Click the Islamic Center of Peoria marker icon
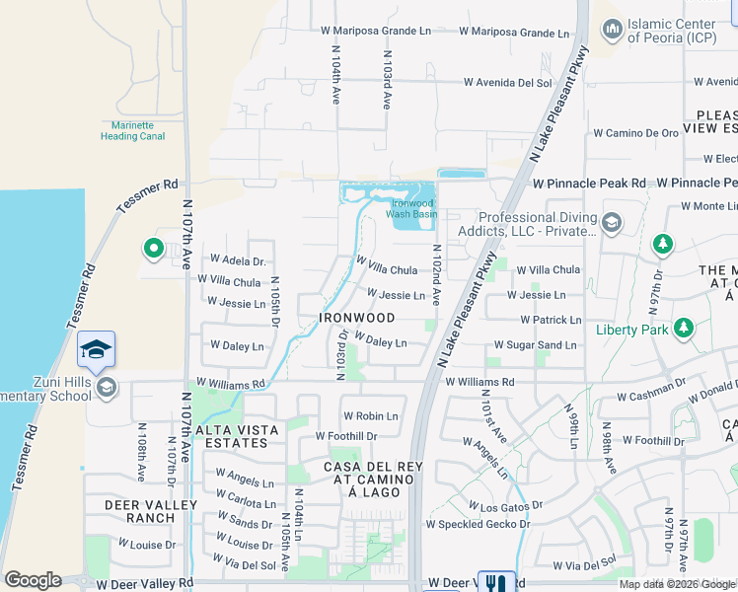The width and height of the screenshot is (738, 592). tap(612, 31)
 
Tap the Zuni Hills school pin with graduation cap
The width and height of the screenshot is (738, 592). tap(96, 349)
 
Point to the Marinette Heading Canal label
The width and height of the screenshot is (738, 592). tap(132, 131)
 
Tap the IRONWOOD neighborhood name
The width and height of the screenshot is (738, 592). tap(357, 319)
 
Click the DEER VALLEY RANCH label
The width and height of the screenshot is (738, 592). tap(139, 511)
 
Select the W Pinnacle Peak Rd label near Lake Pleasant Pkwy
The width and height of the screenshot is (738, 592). tap(589, 184)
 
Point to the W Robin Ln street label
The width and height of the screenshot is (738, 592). tap(370, 416)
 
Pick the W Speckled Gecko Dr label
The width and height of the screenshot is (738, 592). tap(478, 524)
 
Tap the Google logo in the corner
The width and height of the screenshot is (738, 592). tap(33, 580)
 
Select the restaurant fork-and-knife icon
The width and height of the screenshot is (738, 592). tap(496, 583)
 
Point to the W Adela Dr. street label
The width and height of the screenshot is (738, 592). tap(238, 261)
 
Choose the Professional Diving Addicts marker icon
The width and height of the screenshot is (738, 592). tap(612, 224)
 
